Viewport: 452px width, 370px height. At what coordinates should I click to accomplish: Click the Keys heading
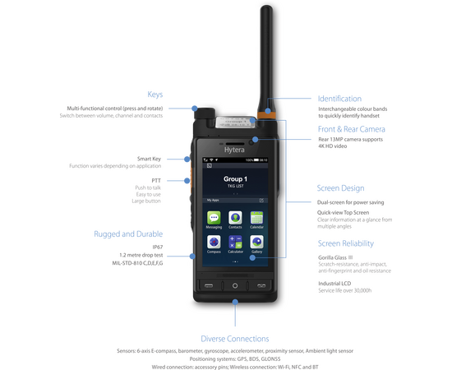(x=155, y=94)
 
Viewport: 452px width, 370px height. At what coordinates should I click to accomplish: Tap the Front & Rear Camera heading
(x=351, y=130)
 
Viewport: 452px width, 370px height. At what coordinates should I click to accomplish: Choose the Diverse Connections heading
(x=235, y=338)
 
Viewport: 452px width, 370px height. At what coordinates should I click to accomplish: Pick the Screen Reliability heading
(x=346, y=244)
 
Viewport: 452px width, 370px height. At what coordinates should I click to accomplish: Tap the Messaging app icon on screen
(x=214, y=220)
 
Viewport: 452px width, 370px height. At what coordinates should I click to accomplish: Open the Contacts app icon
(x=235, y=220)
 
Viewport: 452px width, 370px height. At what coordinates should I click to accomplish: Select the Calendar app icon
(x=256, y=220)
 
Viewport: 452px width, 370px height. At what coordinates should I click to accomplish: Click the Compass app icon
(x=214, y=243)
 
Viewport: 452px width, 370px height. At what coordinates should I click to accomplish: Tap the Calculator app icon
(x=235, y=243)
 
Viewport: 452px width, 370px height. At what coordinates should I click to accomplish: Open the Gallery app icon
(x=256, y=243)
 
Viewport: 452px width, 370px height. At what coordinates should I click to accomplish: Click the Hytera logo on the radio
(x=235, y=150)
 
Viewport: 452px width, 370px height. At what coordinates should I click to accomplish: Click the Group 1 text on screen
(x=236, y=178)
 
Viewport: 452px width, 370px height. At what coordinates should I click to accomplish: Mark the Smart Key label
(x=150, y=159)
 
